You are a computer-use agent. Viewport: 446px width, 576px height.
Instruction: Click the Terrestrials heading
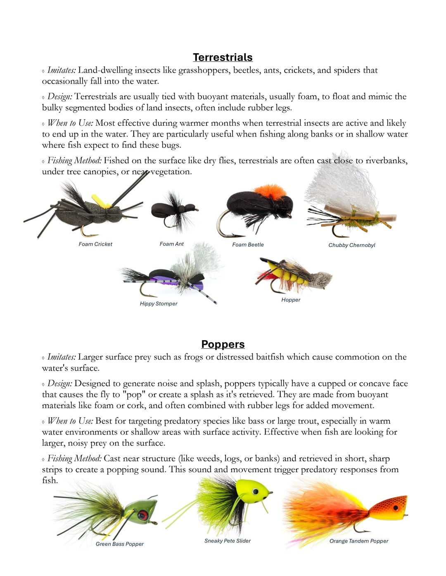click(x=223, y=57)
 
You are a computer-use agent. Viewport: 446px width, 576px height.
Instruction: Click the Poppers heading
click(x=223, y=344)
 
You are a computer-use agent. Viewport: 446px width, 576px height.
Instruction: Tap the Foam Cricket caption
click(x=95, y=244)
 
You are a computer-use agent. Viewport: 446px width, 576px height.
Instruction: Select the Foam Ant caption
click(x=171, y=244)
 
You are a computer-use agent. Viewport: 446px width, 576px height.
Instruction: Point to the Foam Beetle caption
click(x=248, y=245)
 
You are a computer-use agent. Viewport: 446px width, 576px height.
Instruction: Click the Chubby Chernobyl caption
click(x=351, y=245)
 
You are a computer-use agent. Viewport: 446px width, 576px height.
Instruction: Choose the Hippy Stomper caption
click(x=159, y=303)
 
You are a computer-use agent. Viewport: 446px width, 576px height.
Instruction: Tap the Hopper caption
click(x=291, y=300)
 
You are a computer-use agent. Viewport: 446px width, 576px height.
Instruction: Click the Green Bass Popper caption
click(x=119, y=544)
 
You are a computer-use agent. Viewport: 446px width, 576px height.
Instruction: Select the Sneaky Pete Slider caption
click(x=227, y=541)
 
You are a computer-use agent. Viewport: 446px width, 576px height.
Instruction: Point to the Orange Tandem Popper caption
click(x=358, y=541)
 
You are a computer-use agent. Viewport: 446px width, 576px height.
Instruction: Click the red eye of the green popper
click(x=143, y=515)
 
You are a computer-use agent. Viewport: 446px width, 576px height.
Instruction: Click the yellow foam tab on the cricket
click(x=101, y=202)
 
